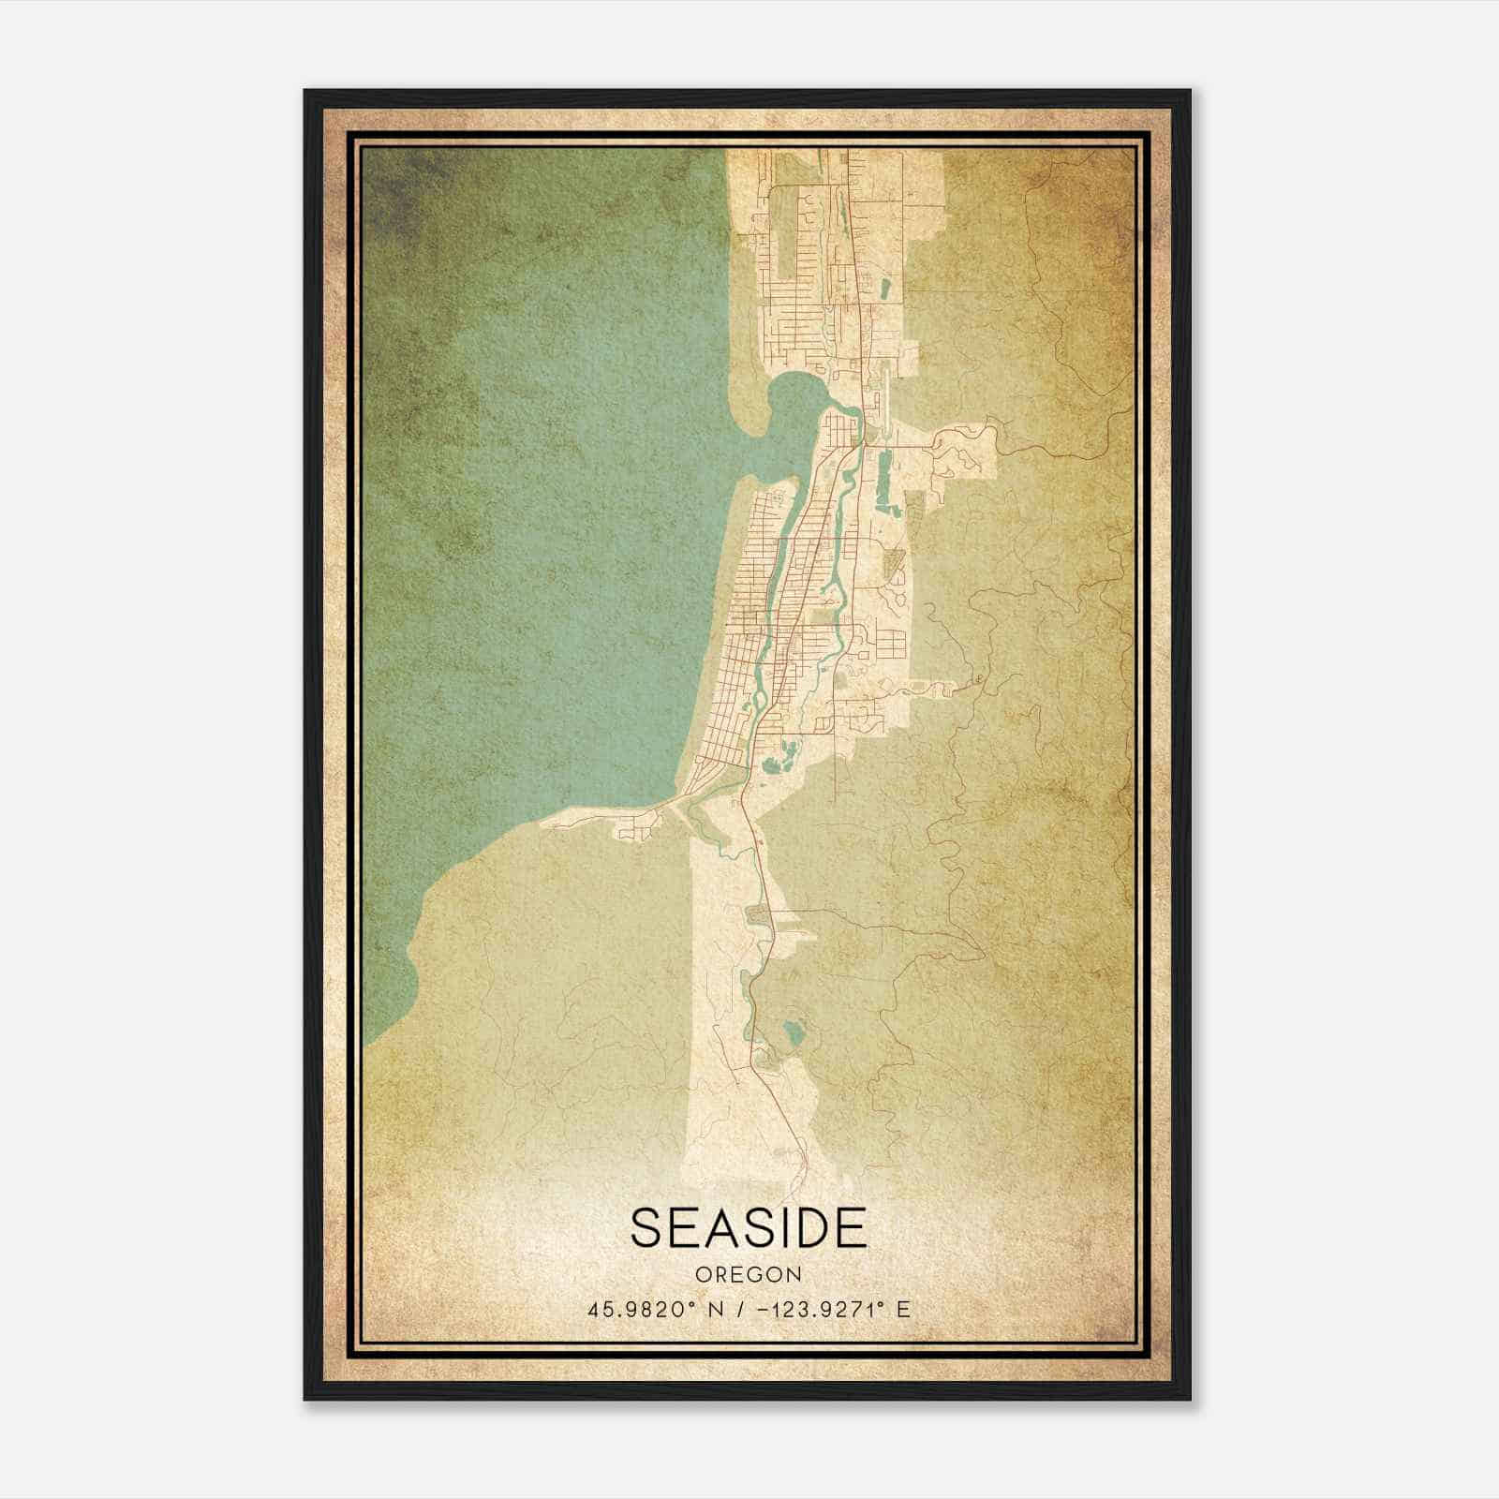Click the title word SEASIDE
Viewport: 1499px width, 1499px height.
click(749, 1227)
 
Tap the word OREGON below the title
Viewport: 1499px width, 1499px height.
click(749, 1275)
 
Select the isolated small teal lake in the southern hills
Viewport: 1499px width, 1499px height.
click(795, 1033)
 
